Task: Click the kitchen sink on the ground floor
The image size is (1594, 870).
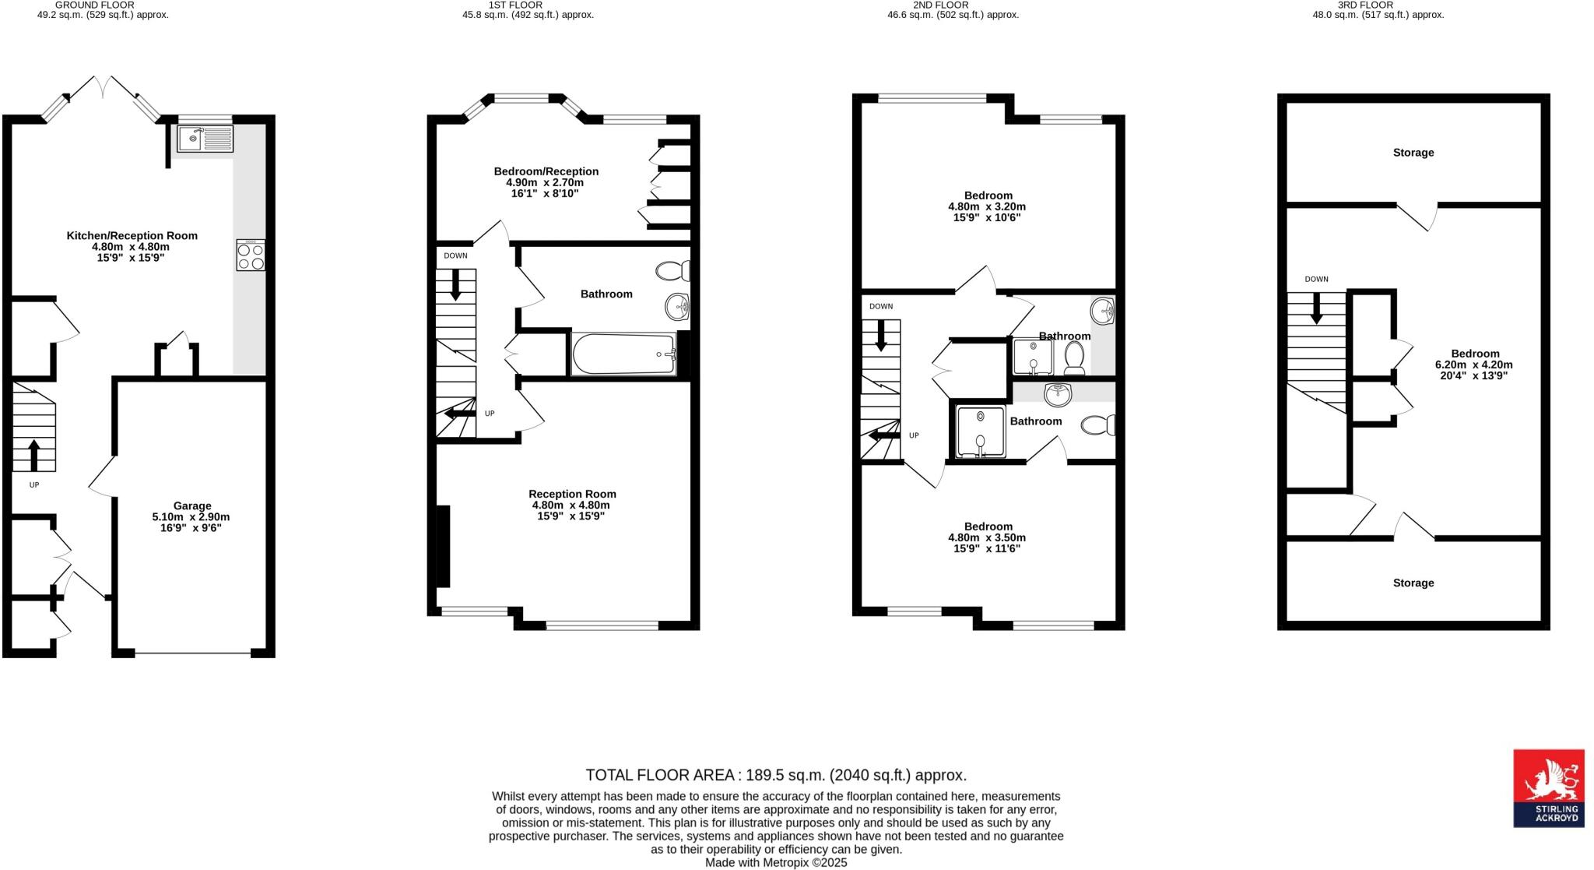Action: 205,139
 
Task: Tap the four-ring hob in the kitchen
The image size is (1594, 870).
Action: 251,255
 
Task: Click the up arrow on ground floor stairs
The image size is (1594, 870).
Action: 34,455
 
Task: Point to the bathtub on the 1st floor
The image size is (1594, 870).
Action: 624,354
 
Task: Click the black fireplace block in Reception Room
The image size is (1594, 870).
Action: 443,546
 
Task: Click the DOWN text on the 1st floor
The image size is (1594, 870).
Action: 456,255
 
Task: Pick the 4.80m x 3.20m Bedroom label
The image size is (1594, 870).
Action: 987,206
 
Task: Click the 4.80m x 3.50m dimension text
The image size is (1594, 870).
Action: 987,537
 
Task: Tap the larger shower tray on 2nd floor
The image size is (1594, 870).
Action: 981,431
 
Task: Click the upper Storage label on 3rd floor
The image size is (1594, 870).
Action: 1413,153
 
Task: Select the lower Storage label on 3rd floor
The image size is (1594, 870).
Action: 1413,583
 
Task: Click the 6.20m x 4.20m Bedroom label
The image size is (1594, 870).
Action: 1474,365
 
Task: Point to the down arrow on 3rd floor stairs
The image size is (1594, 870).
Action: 1316,308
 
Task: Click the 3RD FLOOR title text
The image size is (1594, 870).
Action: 1377,5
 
